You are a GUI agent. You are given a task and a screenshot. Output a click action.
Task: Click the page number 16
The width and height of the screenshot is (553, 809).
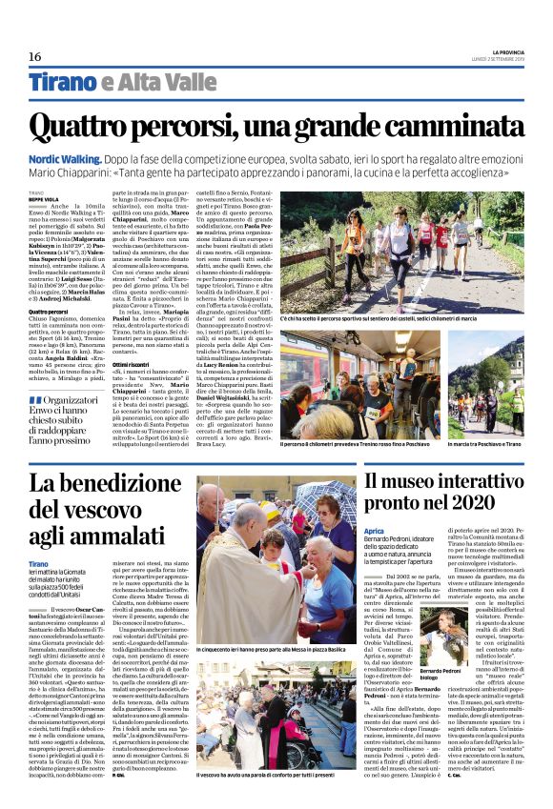tap(34, 56)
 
